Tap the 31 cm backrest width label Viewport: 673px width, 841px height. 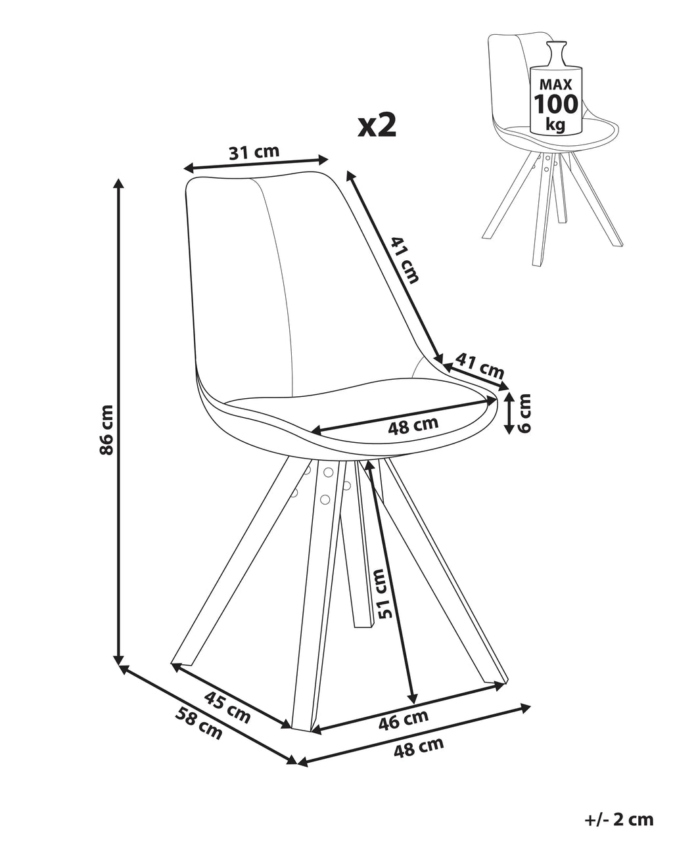click(x=254, y=152)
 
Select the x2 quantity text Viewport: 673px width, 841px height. click(x=377, y=125)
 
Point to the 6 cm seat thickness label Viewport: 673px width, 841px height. click(x=524, y=413)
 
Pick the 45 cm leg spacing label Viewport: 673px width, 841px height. click(x=227, y=707)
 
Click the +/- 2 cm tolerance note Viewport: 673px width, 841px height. click(x=618, y=819)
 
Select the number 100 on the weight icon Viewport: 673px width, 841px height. click(x=556, y=104)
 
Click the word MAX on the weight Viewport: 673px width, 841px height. click(x=556, y=84)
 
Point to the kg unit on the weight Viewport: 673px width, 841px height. click(x=556, y=124)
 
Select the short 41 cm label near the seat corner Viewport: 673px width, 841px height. click(x=480, y=365)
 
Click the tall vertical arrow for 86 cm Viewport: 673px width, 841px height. click(x=119, y=420)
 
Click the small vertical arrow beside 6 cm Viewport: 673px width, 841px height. click(x=509, y=413)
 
